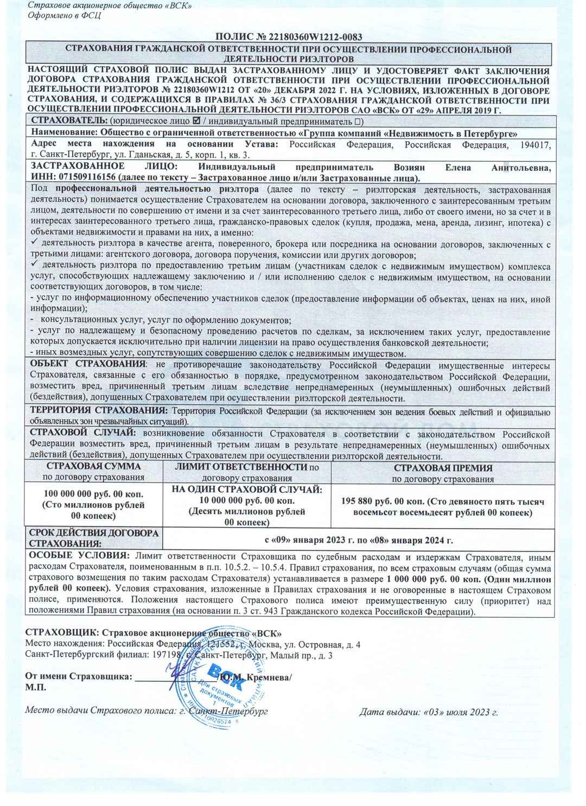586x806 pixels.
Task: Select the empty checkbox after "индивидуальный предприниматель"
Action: coord(359,121)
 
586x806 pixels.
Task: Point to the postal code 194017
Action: coord(536,144)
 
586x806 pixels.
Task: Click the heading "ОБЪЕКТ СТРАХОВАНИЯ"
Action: coord(88,364)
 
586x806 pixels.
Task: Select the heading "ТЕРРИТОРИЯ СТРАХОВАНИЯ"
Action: coord(98,411)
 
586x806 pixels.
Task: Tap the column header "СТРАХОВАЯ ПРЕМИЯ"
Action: coord(443,467)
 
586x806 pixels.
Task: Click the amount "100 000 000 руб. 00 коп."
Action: coord(93,494)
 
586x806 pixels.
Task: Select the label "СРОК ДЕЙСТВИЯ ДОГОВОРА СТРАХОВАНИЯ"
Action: coord(93,538)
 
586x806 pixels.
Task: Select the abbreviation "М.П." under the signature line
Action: coord(36,687)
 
